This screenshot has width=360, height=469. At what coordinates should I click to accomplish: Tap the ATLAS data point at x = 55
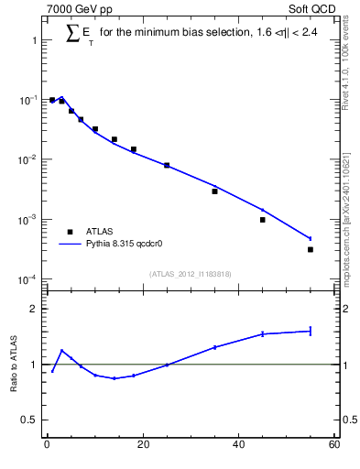click(x=310, y=249)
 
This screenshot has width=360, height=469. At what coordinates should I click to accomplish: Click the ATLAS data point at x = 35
click(x=214, y=191)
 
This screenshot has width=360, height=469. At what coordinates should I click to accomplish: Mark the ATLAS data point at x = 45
click(x=262, y=220)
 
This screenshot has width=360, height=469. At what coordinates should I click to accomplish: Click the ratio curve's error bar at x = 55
click(x=310, y=331)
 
